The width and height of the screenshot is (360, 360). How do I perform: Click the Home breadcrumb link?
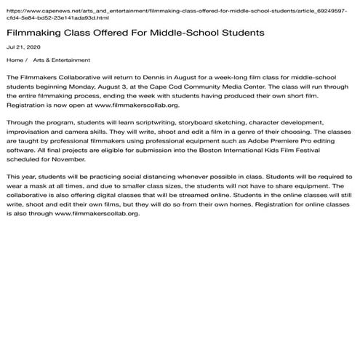15,60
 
